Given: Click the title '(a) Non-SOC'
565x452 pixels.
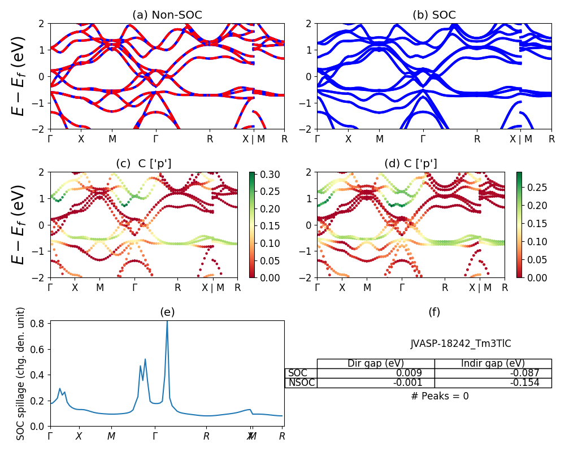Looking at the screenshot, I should [167, 15].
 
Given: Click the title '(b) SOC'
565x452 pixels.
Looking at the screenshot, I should [434, 15].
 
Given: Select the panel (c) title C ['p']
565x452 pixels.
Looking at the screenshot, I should [144, 164].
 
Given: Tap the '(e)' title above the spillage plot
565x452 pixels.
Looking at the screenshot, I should [167, 312].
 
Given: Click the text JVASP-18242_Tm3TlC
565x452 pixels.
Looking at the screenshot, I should [460, 344].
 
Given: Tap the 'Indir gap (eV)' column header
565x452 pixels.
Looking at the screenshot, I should [493, 364].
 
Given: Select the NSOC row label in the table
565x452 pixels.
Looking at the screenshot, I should [301, 383].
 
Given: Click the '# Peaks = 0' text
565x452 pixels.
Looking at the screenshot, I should [440, 397].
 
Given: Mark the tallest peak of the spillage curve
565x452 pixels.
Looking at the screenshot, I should [167, 321].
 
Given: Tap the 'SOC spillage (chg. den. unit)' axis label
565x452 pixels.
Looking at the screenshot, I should [21, 373].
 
